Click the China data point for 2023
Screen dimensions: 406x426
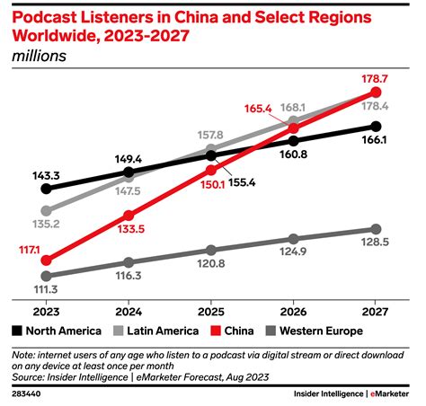pyautogui.click(x=47, y=260)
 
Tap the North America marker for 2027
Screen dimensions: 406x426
pyautogui.click(x=377, y=127)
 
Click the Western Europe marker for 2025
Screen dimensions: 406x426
pyautogui.click(x=211, y=250)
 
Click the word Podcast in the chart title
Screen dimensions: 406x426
pyautogui.click(x=47, y=15)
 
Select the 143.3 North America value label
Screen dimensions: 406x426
pyautogui.click(x=48, y=173)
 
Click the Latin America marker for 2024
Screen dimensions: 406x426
pyautogui.click(x=129, y=174)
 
